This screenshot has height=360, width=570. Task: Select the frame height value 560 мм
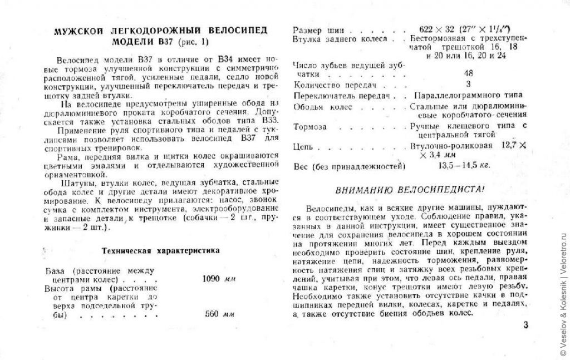(219, 314)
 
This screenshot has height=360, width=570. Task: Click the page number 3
(525, 326)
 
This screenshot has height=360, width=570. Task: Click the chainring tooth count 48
(469, 73)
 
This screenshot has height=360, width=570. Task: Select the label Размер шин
(316, 28)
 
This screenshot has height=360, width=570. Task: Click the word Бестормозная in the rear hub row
(437, 39)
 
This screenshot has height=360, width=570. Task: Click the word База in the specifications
(56, 270)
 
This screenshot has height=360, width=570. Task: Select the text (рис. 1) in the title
(191, 42)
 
